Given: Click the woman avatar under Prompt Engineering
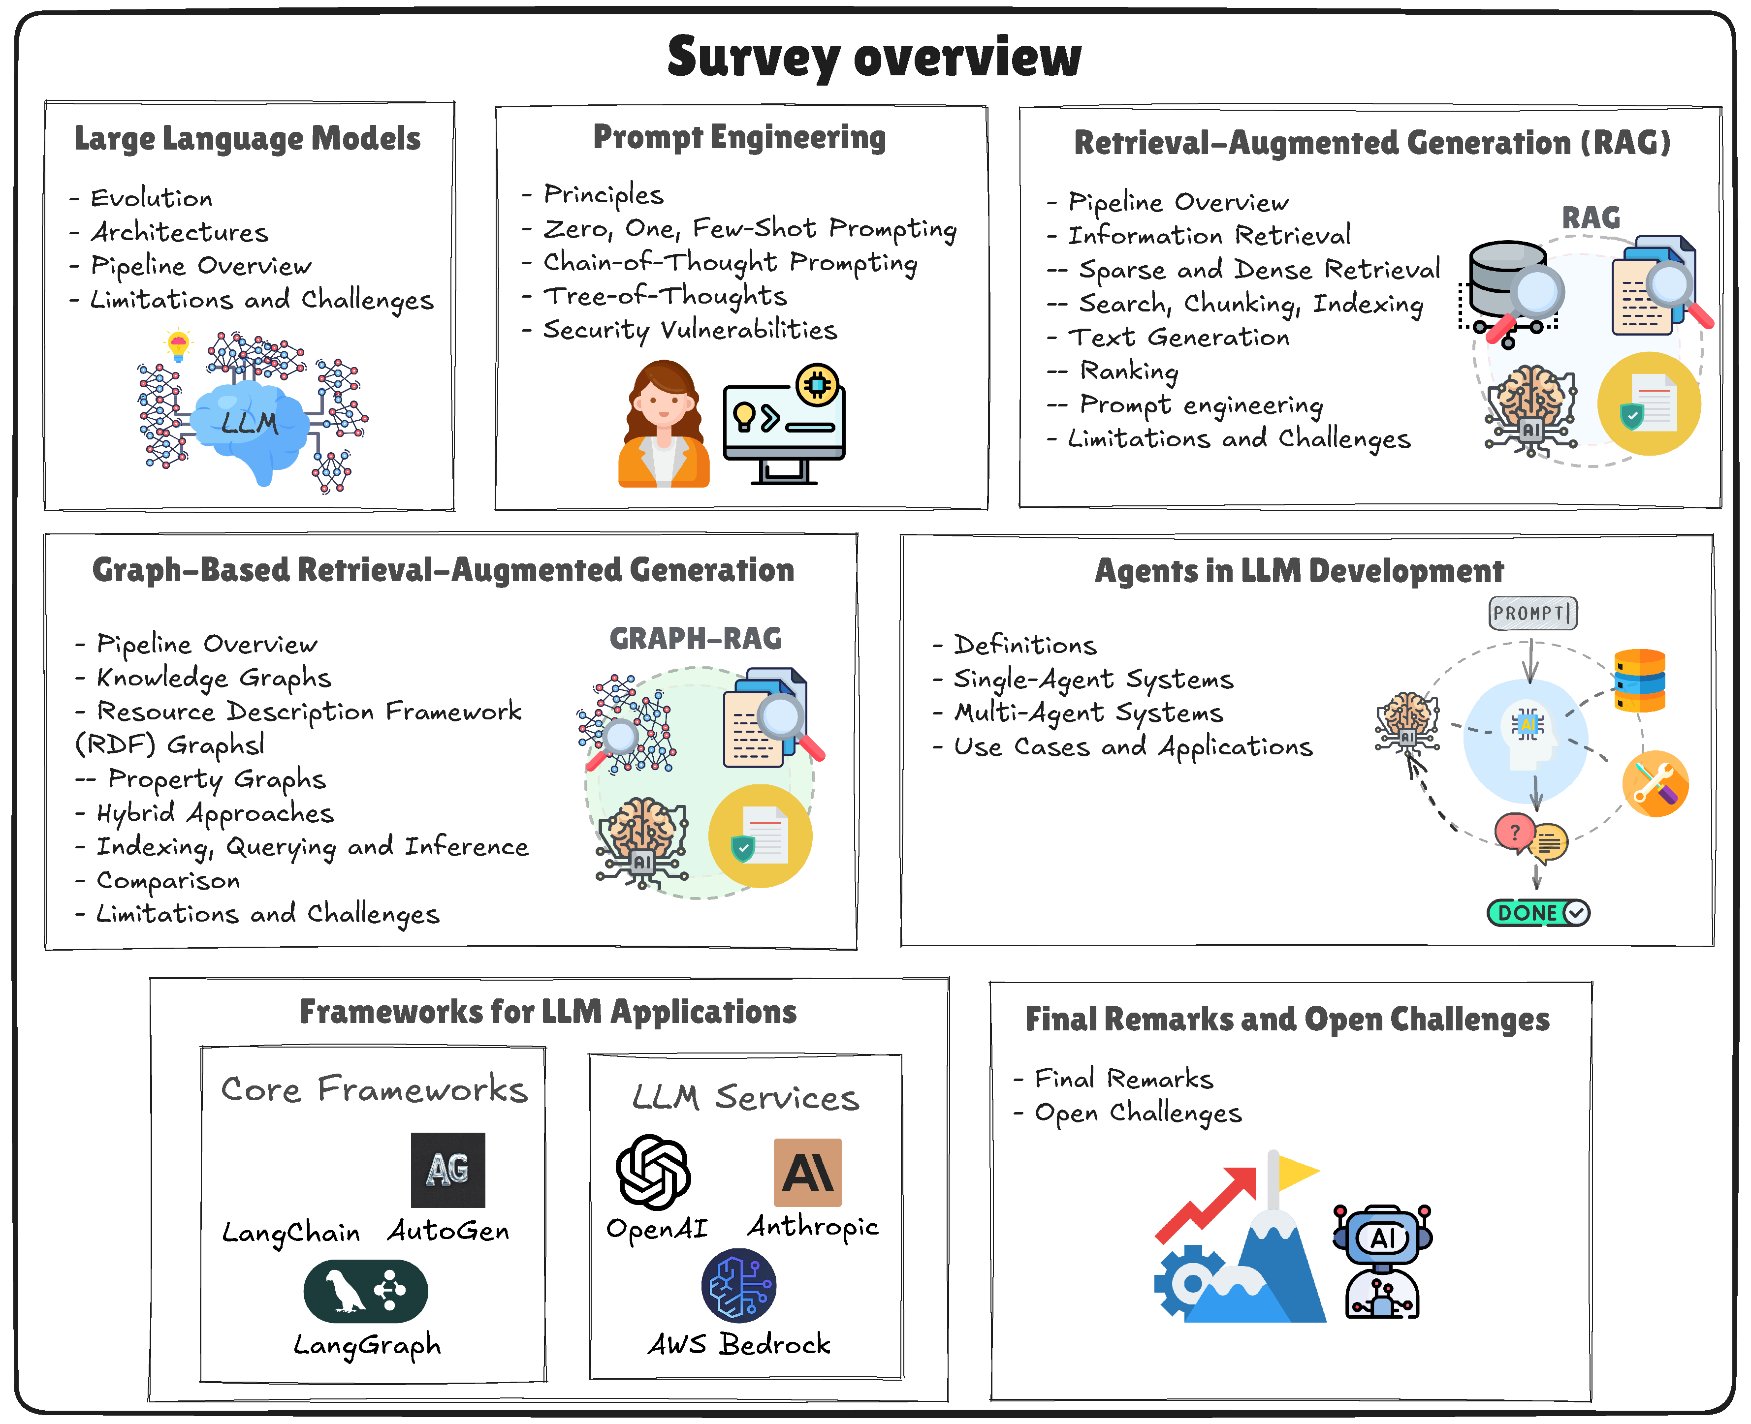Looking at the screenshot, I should [x=663, y=425].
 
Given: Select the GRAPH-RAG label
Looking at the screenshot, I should [x=695, y=638].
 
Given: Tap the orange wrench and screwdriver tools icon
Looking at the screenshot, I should [x=1655, y=783].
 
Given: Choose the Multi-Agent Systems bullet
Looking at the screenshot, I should [x=1088, y=713].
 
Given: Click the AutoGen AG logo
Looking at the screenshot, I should [x=448, y=1170].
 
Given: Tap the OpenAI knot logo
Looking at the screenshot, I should [x=653, y=1172].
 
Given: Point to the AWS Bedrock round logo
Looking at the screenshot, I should [x=738, y=1285].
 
